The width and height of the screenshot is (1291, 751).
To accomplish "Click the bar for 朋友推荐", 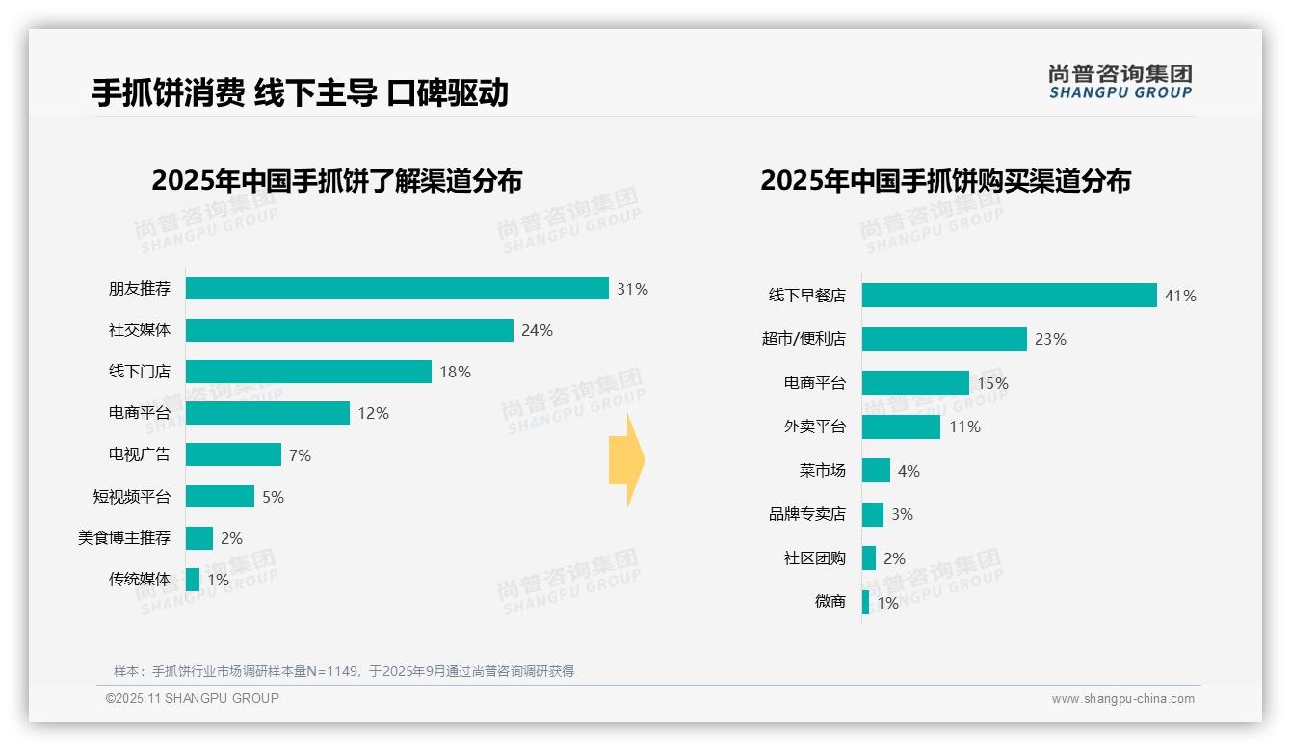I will (397, 289).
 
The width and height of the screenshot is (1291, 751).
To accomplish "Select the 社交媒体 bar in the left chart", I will (349, 330).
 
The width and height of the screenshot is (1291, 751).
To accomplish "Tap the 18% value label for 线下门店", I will (455, 372).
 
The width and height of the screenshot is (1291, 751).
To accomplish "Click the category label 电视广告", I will (139, 454).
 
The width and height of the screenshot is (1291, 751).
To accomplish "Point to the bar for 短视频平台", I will (220, 496).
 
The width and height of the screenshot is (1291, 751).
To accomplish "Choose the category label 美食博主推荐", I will (124, 537).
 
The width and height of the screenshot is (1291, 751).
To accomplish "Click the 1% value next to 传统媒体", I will (218, 580).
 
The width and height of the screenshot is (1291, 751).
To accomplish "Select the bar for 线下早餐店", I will (1009, 296).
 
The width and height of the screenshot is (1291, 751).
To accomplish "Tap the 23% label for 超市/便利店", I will (1050, 339).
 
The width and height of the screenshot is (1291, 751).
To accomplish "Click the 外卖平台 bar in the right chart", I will (901, 427).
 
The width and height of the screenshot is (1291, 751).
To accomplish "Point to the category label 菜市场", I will (822, 471).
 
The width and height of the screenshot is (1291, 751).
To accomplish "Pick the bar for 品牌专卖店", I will (872, 514).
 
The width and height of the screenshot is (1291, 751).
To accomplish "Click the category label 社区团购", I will (814, 558).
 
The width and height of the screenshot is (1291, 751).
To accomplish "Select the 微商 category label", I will (830, 602).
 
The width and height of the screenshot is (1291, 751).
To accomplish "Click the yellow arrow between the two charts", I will (626, 461).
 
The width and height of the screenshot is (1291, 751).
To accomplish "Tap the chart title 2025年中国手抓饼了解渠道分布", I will (336, 181).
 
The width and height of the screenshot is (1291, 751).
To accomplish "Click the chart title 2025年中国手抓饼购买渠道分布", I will (945, 181).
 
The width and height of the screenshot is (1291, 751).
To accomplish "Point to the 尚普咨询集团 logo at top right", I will (1120, 81).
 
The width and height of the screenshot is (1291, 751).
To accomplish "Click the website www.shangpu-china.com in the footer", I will (1122, 699).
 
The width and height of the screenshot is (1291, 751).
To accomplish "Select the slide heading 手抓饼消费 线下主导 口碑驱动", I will (300, 92).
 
